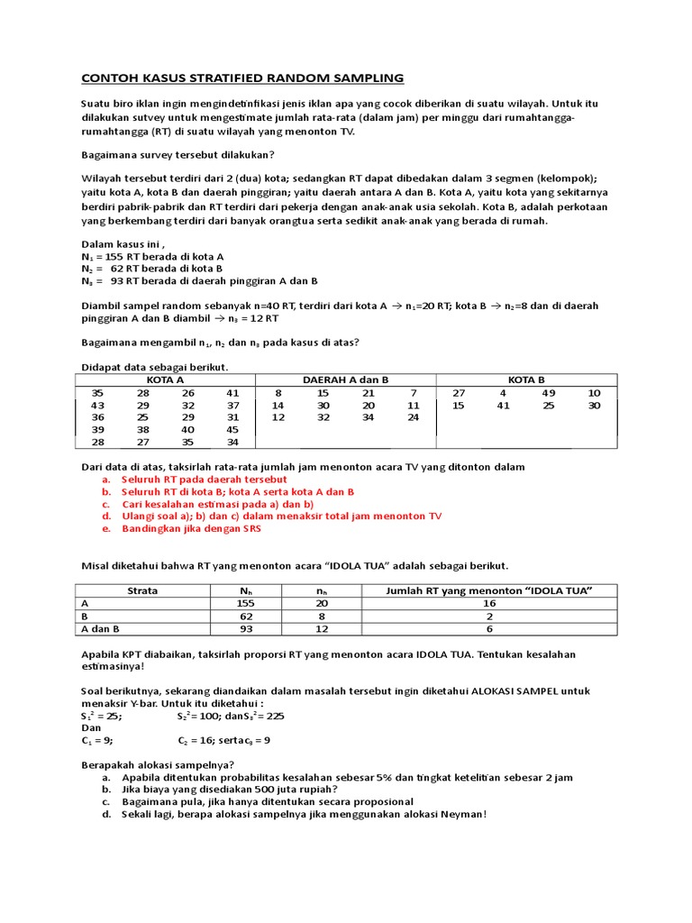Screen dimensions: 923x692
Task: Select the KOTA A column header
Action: pos(166,380)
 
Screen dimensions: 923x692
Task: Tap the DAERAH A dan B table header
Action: pos(345,380)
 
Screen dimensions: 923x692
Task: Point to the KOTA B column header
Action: pos(527,380)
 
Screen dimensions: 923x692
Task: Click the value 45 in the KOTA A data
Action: pos(233,430)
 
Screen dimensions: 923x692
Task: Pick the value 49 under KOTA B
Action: pos(549,393)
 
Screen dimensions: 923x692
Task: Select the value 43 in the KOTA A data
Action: pos(97,406)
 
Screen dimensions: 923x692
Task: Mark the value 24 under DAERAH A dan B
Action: pos(413,417)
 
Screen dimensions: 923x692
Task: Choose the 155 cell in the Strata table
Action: pos(246,603)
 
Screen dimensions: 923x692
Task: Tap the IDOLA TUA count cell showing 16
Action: pos(488,603)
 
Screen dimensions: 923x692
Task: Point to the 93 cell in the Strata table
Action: pos(246,628)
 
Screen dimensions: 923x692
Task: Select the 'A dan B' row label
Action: pos(101,628)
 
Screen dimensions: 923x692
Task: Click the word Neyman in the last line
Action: pos(461,815)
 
